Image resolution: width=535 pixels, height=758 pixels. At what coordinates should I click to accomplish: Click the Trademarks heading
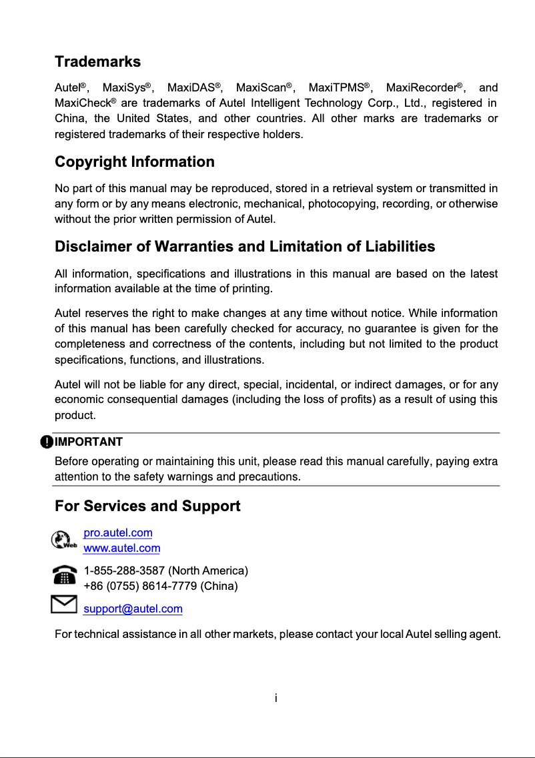(97, 62)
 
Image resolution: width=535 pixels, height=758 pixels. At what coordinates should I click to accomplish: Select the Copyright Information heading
(134, 162)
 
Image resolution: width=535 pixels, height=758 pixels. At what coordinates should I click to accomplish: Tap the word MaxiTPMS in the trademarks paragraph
(338, 88)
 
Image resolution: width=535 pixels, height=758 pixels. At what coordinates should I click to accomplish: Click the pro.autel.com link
(117, 533)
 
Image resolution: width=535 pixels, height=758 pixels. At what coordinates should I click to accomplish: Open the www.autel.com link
(121, 548)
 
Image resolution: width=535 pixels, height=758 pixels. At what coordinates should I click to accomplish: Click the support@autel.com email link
(133, 609)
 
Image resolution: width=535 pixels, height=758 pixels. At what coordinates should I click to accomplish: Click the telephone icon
(64, 575)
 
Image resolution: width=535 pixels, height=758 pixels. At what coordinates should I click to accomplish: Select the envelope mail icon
(63, 605)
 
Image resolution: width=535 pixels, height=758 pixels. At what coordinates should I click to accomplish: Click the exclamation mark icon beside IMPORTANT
(46, 442)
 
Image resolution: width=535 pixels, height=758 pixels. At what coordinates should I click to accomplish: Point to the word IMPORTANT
(89, 442)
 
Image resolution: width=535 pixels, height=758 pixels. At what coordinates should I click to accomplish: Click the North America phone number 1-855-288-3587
(124, 571)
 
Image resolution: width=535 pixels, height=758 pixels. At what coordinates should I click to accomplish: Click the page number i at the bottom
(276, 698)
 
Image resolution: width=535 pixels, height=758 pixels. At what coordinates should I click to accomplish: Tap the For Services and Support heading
(147, 506)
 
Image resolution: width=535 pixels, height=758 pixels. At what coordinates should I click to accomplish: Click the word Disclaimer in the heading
(93, 247)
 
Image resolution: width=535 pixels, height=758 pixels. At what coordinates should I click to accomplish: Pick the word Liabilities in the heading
(400, 247)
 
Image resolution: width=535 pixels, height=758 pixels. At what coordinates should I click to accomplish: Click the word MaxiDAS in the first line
(192, 88)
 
